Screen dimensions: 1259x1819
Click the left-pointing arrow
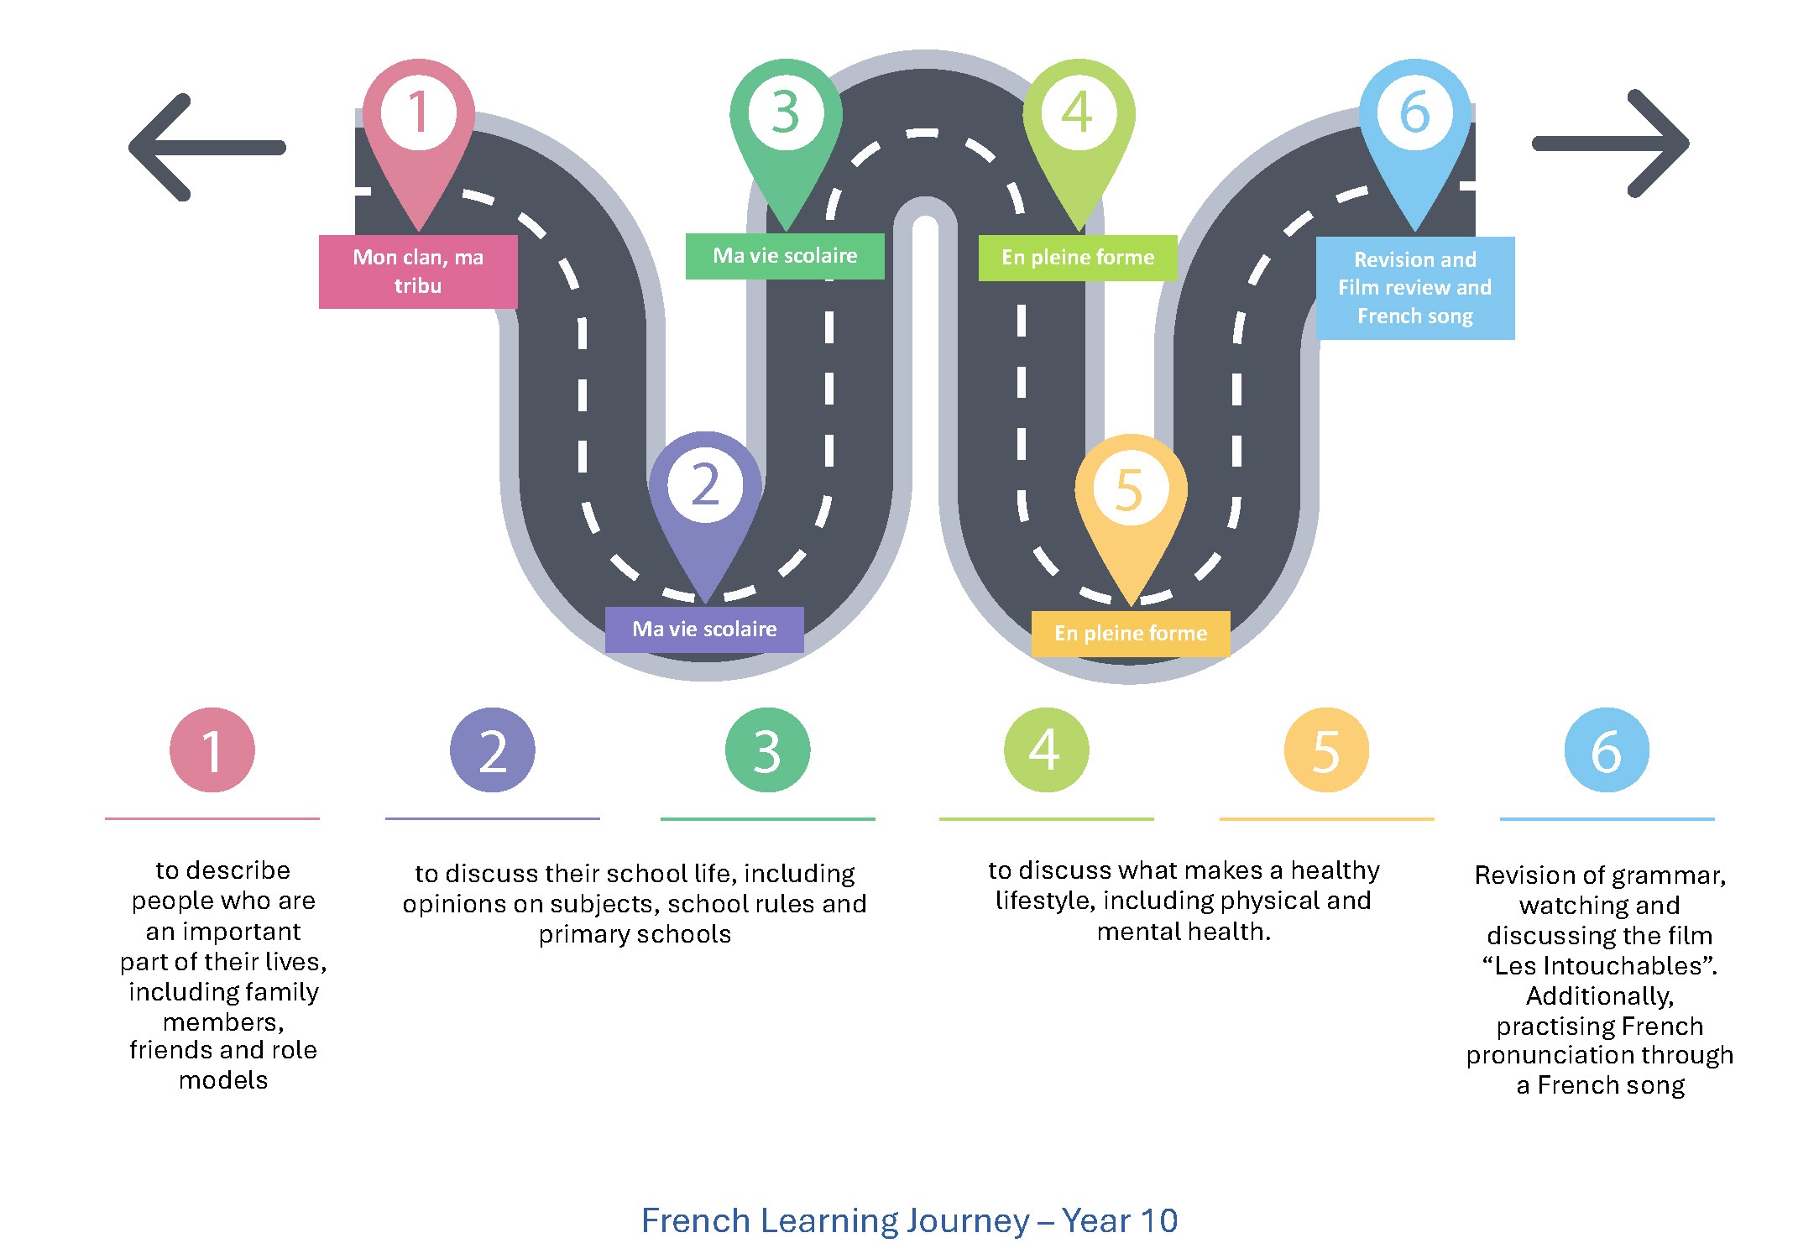206,148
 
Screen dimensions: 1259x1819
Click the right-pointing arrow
1612,144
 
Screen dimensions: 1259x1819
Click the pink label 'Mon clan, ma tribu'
418,271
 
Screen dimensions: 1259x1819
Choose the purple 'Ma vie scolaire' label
704,629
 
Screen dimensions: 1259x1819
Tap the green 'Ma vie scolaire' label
785,256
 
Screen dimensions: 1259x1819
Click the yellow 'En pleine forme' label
1131,634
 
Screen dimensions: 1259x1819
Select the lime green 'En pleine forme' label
1078,258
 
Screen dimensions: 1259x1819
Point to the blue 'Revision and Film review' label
1415,288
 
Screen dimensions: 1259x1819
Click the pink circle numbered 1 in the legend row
212,750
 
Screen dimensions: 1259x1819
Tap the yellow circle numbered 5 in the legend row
1326,750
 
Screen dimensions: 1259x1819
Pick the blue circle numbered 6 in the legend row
1607,750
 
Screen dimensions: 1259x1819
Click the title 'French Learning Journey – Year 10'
909,1220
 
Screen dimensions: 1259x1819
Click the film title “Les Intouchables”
1600,965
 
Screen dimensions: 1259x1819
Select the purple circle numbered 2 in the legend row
493,750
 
